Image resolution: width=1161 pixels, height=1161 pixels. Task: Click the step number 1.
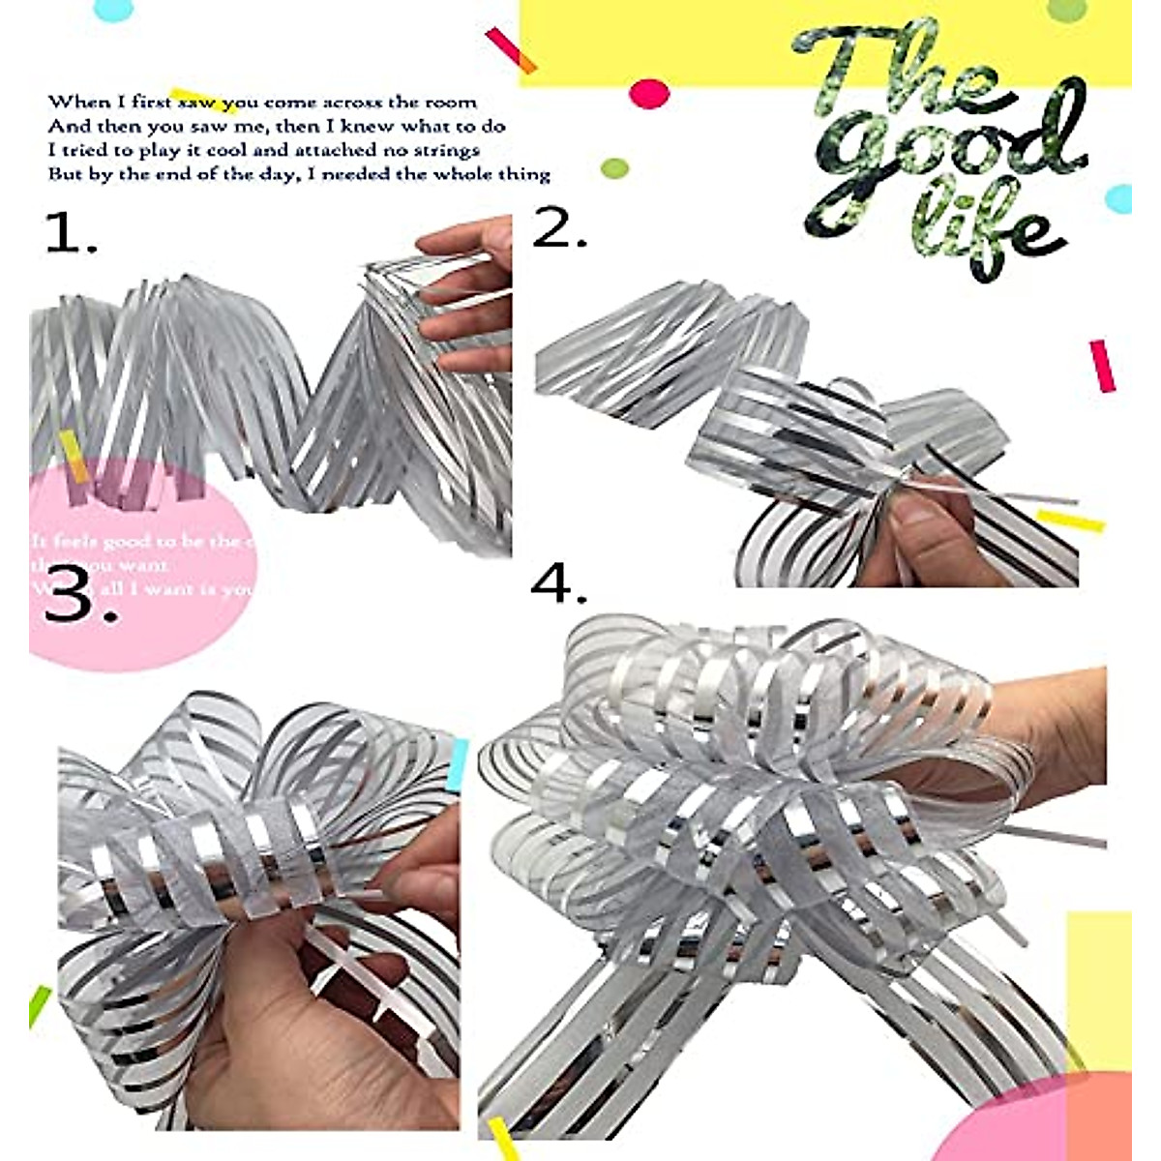(71, 234)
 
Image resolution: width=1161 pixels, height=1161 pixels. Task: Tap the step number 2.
(559, 228)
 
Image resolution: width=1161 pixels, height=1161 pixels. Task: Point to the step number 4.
(558, 585)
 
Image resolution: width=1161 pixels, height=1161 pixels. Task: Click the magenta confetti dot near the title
(649, 94)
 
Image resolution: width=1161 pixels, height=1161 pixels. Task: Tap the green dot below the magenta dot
(614, 168)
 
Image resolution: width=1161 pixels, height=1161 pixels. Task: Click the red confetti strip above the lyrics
(510, 49)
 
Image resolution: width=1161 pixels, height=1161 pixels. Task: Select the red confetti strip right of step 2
(1102, 366)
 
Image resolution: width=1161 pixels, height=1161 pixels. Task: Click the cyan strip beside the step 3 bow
(459, 763)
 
